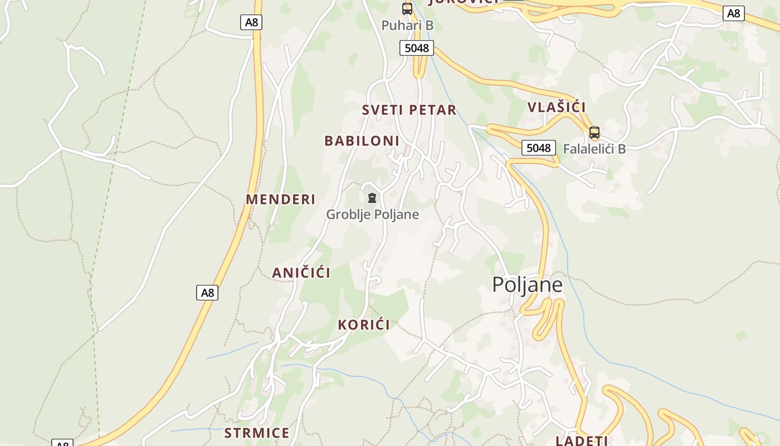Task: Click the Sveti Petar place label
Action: pyautogui.click(x=409, y=110)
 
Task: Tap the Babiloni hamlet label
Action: pyautogui.click(x=362, y=140)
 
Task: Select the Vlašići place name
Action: pyautogui.click(x=557, y=107)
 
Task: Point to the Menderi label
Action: pyautogui.click(x=281, y=199)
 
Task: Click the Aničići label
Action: pyautogui.click(x=301, y=273)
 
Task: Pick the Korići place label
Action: pyautogui.click(x=364, y=324)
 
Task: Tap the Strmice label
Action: pyautogui.click(x=257, y=433)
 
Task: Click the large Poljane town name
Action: pyautogui.click(x=527, y=284)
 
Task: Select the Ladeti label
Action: pyautogui.click(x=582, y=440)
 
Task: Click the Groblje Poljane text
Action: pyautogui.click(x=372, y=214)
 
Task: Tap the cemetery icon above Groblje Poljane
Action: pyautogui.click(x=372, y=198)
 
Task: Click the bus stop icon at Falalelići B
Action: pyautogui.click(x=594, y=133)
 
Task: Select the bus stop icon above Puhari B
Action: pyautogui.click(x=407, y=8)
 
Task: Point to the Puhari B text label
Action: pyautogui.click(x=407, y=25)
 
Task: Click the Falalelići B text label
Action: pyautogui.click(x=594, y=149)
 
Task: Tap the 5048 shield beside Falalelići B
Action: pyautogui.click(x=539, y=148)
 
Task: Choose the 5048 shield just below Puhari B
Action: pyautogui.click(x=417, y=48)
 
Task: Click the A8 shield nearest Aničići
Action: pyautogui.click(x=207, y=293)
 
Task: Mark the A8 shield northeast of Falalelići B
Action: pyautogui.click(x=734, y=13)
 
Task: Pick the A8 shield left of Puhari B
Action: pyautogui.click(x=251, y=22)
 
